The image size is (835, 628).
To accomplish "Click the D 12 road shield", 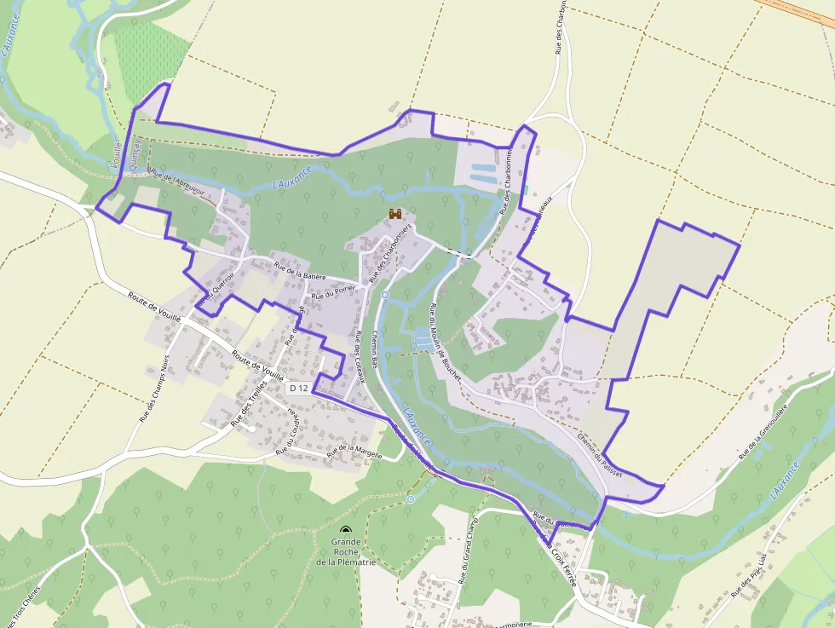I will [x=298, y=388].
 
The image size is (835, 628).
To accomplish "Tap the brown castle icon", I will [x=395, y=213].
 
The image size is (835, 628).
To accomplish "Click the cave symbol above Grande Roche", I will [x=345, y=531].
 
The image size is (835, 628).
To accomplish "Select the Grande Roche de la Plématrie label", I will [x=346, y=551].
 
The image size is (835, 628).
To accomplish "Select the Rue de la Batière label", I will [x=301, y=272].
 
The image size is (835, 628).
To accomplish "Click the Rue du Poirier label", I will [x=331, y=294].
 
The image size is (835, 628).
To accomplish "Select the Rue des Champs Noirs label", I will [x=154, y=389].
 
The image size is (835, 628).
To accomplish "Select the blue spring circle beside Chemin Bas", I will [x=385, y=295].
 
